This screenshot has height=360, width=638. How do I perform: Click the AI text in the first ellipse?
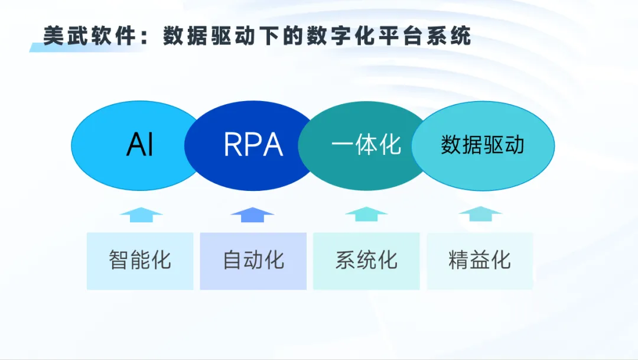pos(140,145)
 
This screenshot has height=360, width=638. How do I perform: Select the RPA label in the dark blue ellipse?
pos(253,145)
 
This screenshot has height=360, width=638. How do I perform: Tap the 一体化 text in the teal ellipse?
pos(366,145)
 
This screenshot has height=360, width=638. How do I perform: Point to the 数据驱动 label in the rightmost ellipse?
pos(483,145)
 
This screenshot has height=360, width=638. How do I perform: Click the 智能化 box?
pos(140,261)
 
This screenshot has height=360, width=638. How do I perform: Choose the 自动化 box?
pos(253,261)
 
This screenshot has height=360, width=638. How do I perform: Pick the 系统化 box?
pos(366,261)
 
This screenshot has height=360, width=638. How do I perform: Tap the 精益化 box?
pos(480,261)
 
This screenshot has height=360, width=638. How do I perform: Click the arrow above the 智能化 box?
pos(141,215)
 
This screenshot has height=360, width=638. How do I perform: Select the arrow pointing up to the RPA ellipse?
pos(252,215)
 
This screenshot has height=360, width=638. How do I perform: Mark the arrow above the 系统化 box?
pos(366,214)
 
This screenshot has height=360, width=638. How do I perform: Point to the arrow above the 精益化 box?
pos(480,214)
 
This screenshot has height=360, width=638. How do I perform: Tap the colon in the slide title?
pos(145,37)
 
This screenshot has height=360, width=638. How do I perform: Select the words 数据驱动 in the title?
pos(209,36)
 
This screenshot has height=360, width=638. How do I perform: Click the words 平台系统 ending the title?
pos(424,36)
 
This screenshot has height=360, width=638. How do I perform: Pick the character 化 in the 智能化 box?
pos(161,260)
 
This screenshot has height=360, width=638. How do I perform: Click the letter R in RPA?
pos(233,145)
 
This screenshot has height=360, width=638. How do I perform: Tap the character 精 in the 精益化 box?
pos(458,260)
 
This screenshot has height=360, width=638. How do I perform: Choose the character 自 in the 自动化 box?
pos(232,260)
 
